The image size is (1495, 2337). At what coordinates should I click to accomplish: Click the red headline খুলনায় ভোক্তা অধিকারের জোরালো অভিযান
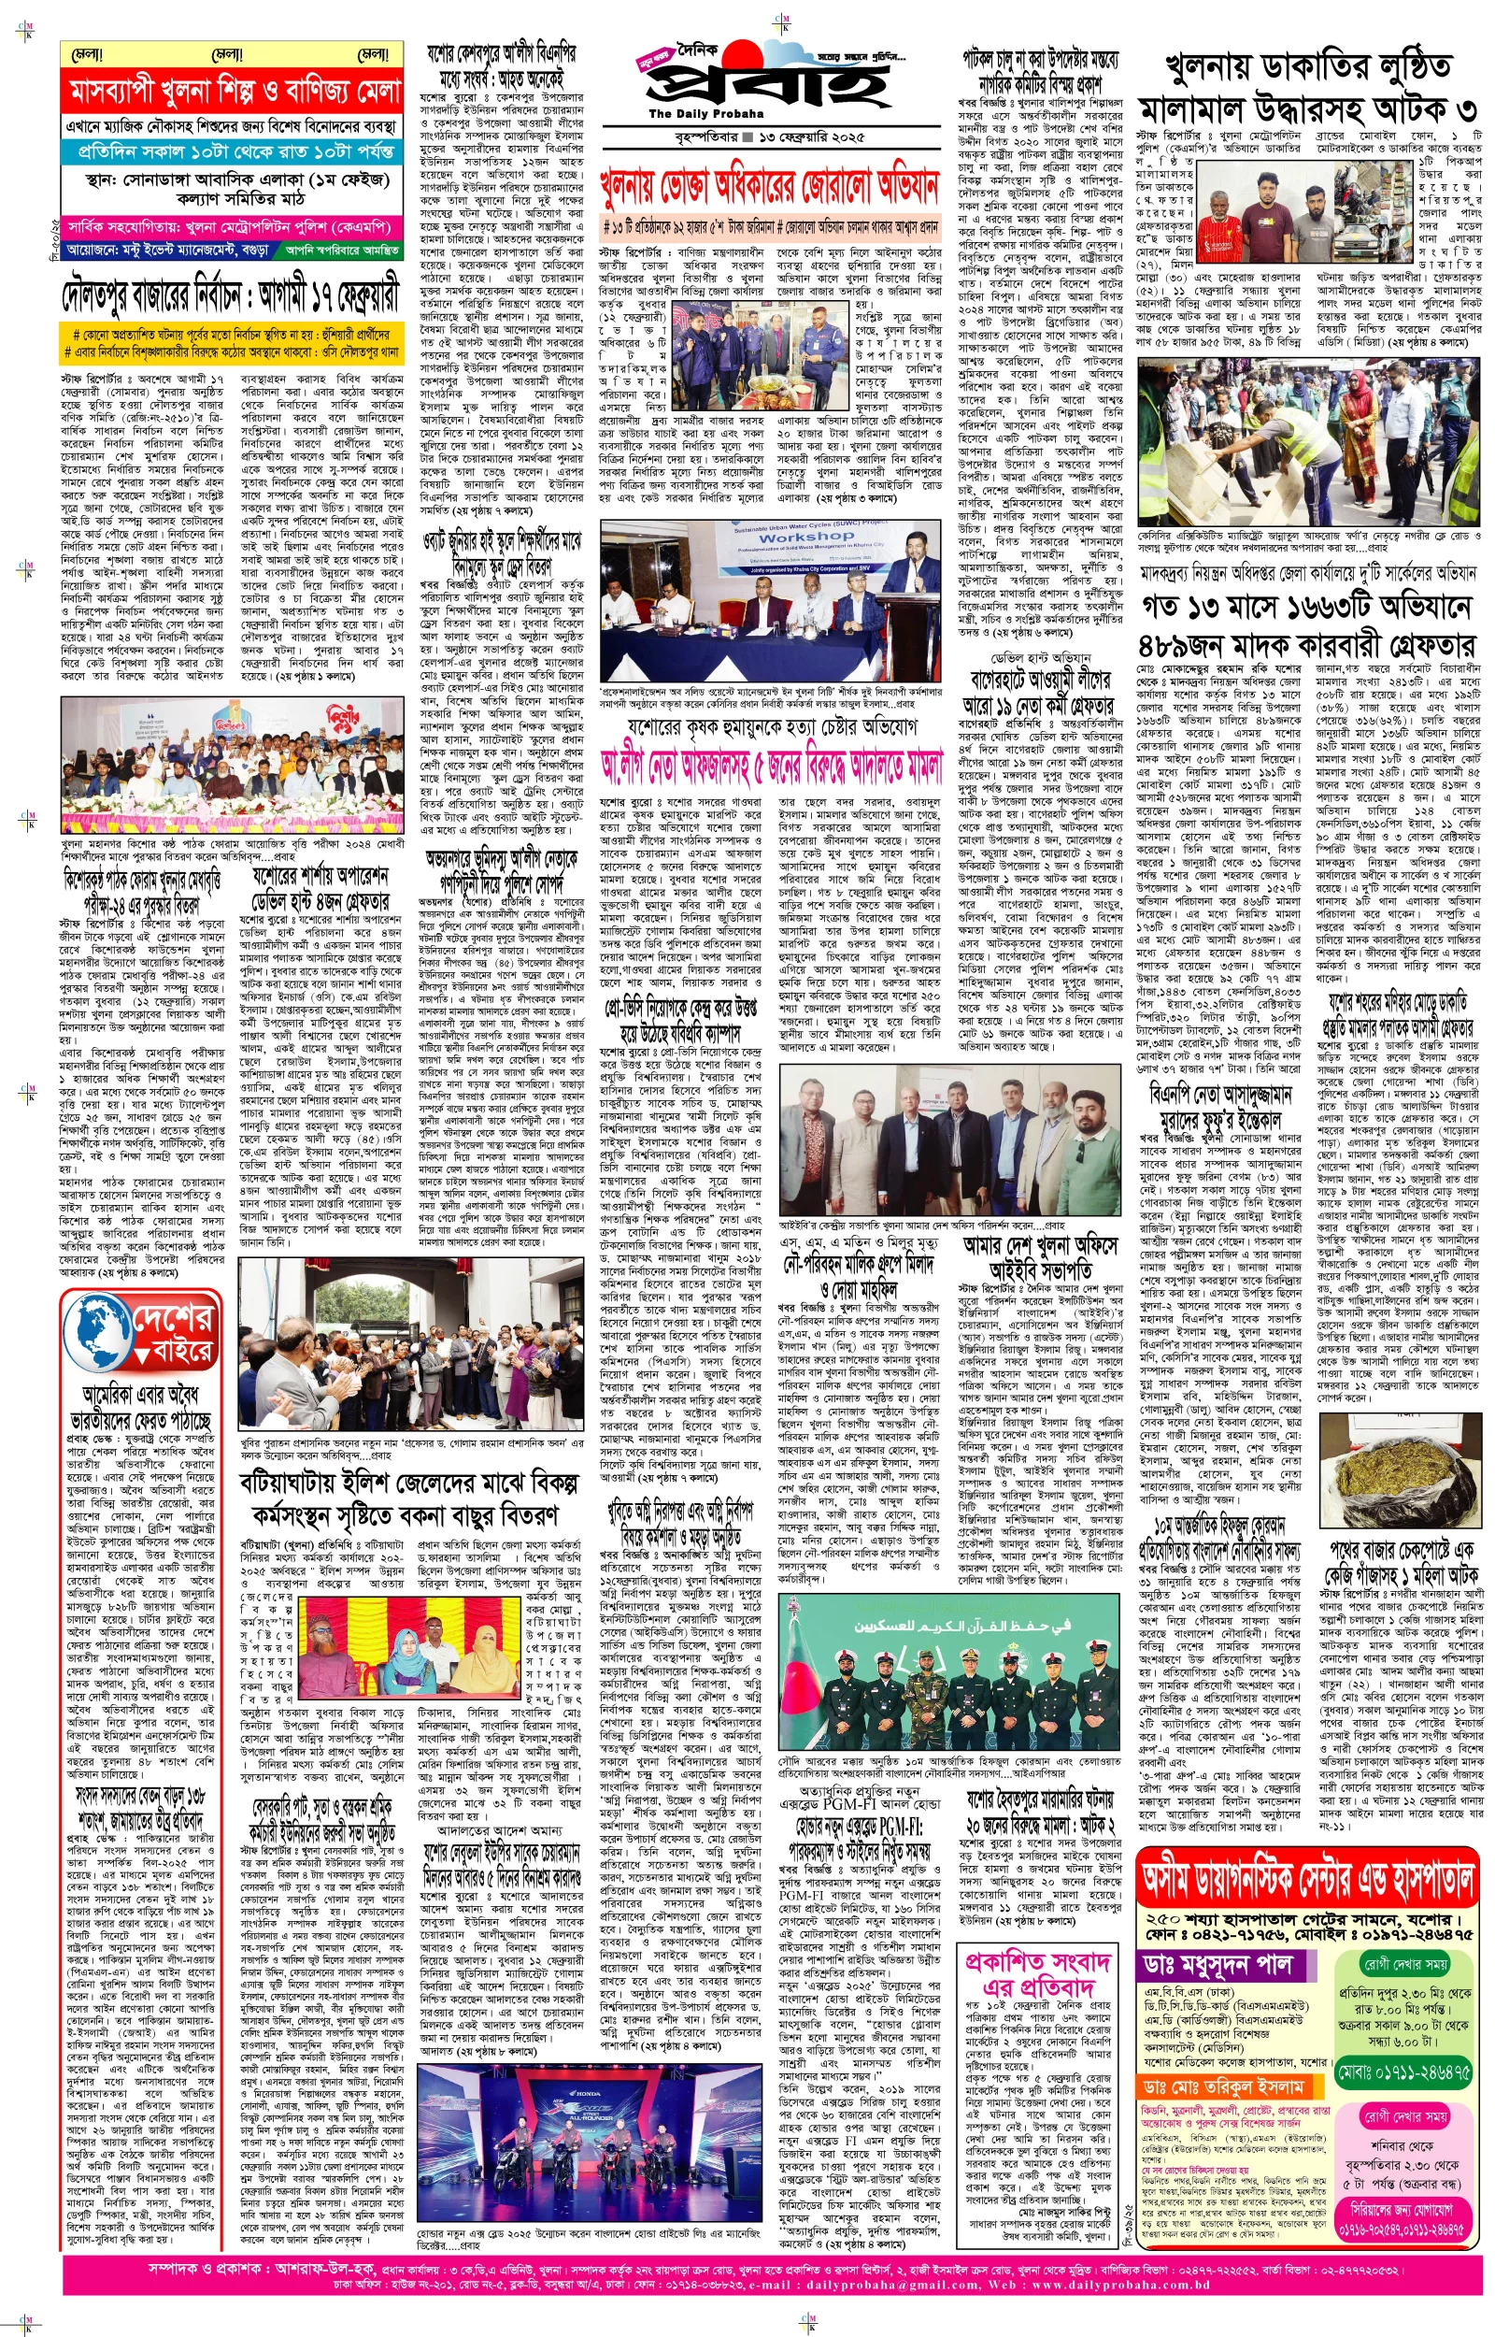(770, 185)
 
